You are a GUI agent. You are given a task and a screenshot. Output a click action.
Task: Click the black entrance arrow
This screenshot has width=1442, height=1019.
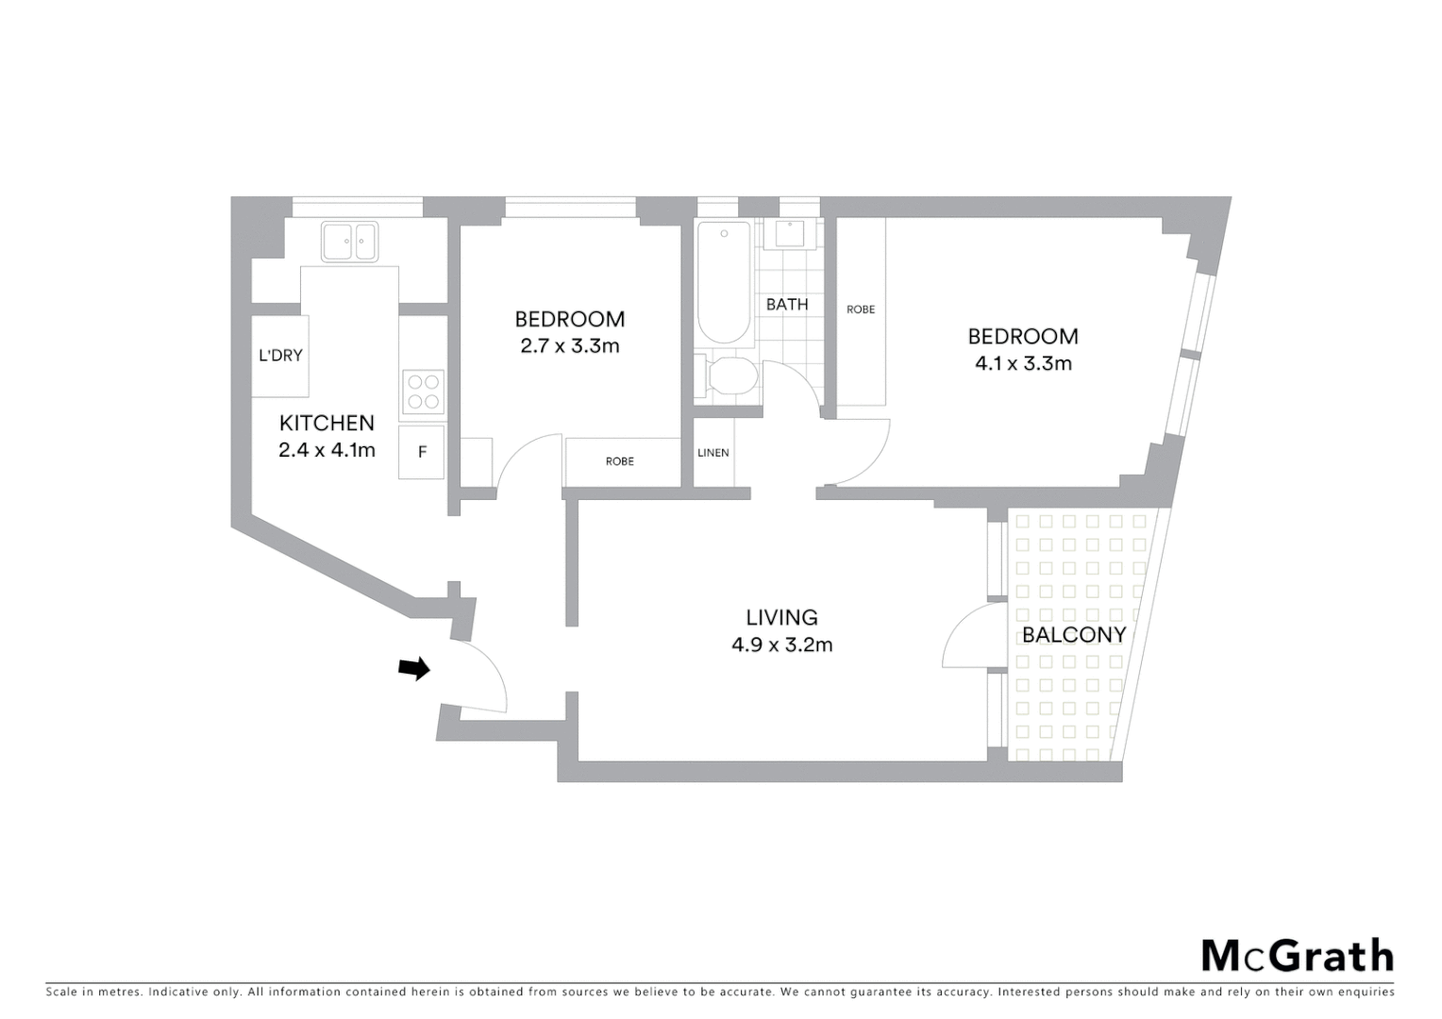(413, 669)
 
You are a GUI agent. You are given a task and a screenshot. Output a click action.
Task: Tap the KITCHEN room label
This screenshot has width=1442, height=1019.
(327, 423)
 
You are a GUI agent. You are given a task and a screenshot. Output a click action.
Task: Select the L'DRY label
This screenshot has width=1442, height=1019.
(280, 356)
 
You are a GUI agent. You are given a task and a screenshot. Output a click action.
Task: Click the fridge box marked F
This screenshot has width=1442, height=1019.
(422, 453)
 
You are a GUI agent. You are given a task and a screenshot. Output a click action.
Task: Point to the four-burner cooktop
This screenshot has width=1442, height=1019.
(423, 392)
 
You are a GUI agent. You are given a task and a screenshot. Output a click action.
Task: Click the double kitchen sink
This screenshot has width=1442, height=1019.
(349, 242)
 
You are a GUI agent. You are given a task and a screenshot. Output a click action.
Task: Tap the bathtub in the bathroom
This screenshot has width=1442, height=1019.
(724, 282)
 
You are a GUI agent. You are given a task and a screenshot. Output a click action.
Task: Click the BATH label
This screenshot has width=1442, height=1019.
(787, 304)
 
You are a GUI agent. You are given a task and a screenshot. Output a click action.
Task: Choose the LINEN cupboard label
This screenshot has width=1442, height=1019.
(713, 453)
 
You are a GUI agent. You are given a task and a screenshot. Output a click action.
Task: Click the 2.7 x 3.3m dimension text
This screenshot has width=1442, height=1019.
(569, 346)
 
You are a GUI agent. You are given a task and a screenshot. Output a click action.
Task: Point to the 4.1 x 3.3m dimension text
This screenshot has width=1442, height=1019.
(1023, 363)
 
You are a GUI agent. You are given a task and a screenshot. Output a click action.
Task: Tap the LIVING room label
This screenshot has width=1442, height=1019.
(781, 617)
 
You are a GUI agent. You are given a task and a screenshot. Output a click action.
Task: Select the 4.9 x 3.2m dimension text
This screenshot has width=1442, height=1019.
(781, 645)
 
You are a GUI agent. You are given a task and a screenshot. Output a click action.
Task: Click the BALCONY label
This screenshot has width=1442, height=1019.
(1074, 634)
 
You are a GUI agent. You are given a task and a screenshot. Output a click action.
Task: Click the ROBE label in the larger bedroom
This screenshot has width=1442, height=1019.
(861, 309)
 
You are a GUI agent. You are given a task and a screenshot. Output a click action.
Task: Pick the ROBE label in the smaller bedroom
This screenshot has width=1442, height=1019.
(620, 461)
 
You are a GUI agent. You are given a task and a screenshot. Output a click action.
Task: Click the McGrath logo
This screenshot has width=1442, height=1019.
(1297, 956)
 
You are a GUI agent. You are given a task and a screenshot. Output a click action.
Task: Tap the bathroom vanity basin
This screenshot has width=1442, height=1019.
(788, 232)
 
